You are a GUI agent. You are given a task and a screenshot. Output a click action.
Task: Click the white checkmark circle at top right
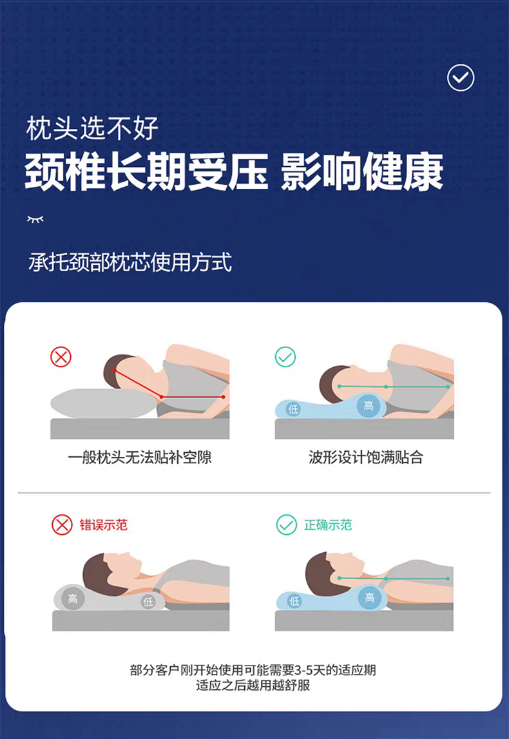tap(461, 78)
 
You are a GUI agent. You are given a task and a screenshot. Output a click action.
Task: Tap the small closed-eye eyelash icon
tap(35, 219)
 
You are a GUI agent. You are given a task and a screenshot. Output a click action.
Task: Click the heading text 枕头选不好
tap(92, 128)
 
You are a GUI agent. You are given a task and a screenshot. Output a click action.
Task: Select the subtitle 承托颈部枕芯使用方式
tap(130, 262)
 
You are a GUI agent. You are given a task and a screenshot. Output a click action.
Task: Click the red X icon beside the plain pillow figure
tap(61, 357)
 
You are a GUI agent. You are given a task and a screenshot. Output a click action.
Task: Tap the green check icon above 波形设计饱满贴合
tap(285, 357)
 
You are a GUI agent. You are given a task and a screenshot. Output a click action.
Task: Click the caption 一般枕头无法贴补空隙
tap(140, 457)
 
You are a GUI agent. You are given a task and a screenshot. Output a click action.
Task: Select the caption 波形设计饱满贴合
tap(366, 457)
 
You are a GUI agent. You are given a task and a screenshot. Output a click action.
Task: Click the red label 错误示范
tap(104, 525)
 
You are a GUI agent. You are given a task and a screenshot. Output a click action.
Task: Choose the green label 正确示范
tap(328, 525)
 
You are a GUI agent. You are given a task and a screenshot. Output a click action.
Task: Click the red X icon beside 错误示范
tap(62, 524)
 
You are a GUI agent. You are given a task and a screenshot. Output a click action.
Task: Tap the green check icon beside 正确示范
tap(286, 524)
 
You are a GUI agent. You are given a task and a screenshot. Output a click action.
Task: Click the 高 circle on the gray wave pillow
tap(72, 599)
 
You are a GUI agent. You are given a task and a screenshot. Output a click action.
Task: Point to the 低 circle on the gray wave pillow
tap(148, 601)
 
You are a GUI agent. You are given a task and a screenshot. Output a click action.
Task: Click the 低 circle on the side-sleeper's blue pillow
tap(293, 409)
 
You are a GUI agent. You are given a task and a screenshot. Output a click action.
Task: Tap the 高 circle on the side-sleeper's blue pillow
tap(368, 405)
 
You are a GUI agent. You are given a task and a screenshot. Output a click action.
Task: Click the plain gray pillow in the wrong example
tap(104, 403)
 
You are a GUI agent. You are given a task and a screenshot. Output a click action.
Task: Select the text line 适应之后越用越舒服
tap(253, 685)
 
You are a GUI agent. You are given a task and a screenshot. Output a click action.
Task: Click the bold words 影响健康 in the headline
tap(362, 171)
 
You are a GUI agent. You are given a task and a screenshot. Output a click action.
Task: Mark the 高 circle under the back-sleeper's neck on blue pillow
tap(369, 598)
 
